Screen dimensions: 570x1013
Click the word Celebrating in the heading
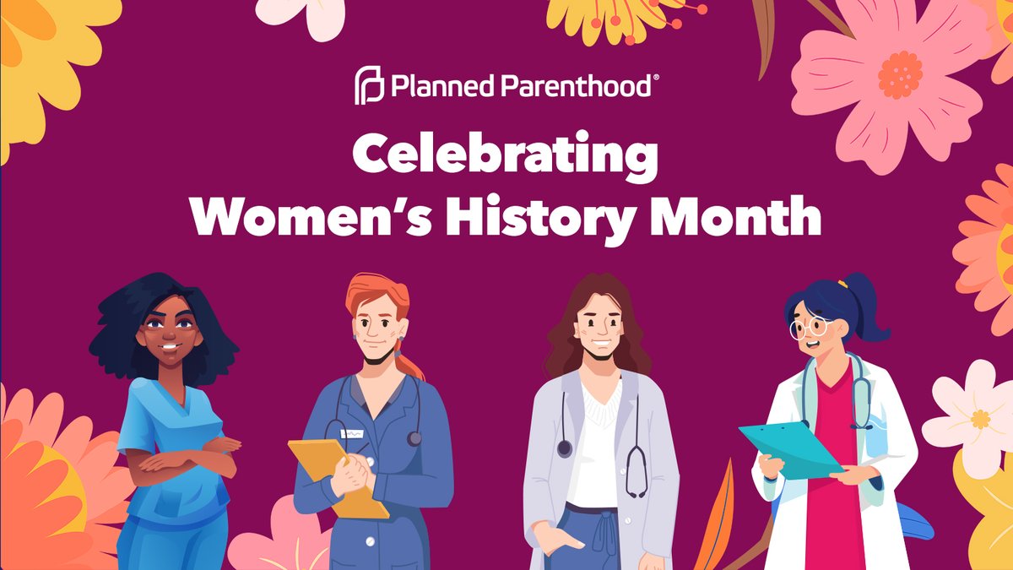[505, 158]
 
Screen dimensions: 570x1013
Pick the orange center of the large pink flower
[900, 74]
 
